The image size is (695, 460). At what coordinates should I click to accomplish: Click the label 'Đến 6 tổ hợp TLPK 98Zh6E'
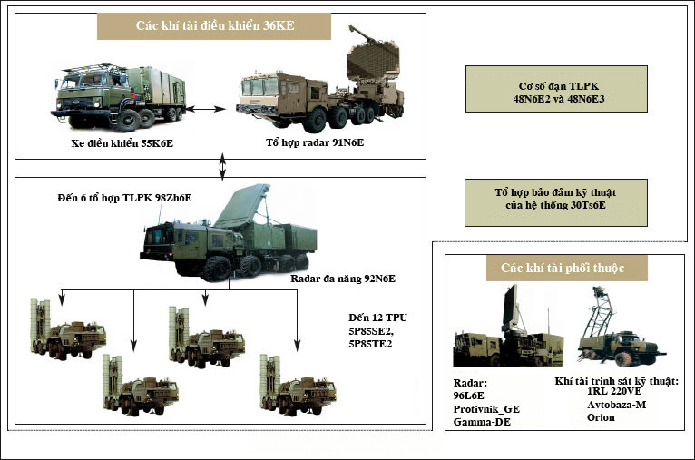point(124,198)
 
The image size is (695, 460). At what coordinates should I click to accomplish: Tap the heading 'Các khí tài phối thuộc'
point(562,268)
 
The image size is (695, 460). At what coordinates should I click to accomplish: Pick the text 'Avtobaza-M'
point(611,405)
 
